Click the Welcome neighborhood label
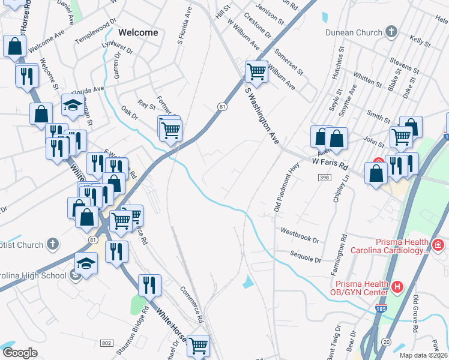coord(138,32)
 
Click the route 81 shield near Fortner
coord(222,106)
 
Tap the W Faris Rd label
coord(330,162)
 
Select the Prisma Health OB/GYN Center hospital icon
coord(396,287)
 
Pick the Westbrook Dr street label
coord(299,235)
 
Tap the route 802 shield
coord(107,343)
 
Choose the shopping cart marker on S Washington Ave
coord(256,71)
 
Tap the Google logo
coord(20,353)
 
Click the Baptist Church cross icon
coord(53,244)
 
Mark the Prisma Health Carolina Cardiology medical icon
coord(438,245)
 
